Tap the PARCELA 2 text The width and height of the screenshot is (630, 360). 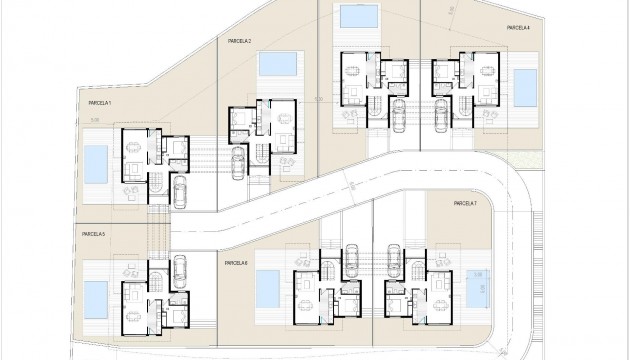[x=238, y=42]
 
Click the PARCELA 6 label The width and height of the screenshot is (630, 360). [x=237, y=262]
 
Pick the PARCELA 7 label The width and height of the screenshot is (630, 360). [x=464, y=204]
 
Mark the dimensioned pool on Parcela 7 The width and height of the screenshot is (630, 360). [x=477, y=287]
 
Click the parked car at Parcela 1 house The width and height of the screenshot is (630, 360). [x=181, y=189]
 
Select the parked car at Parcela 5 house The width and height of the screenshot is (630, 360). [x=180, y=269]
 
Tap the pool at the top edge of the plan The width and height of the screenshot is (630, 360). [x=352, y=18]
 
